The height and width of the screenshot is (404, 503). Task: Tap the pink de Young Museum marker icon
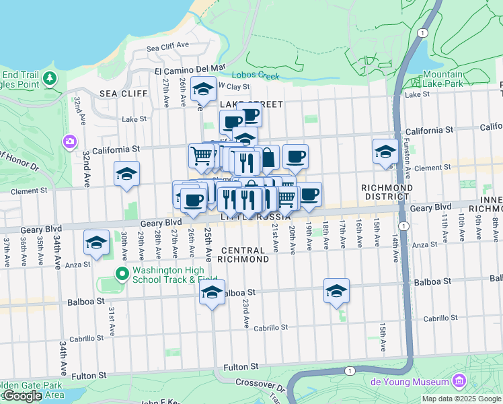click(460, 382)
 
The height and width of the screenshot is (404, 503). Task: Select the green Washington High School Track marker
click(122, 273)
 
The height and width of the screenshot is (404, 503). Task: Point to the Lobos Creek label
click(256, 75)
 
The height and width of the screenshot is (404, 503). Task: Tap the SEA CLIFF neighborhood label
click(118, 93)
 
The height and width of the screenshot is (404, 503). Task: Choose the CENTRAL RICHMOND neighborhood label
click(243, 255)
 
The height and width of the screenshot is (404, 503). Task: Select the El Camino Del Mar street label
click(189, 69)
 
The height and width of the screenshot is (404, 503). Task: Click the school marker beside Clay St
click(203, 89)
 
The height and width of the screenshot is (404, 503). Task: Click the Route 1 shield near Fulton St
click(349, 370)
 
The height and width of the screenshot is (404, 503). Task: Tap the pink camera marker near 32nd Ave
click(70, 141)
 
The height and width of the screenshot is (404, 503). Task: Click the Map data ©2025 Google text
click(461, 399)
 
